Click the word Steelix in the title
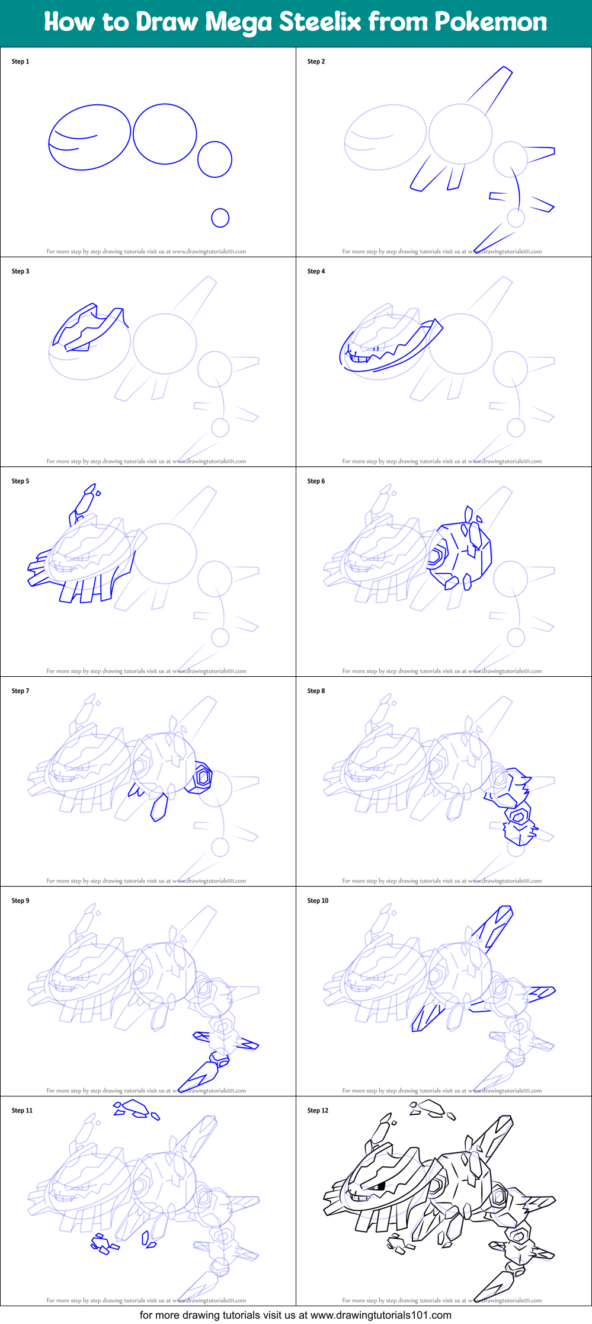pyautogui.click(x=321, y=22)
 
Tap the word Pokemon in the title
pyautogui.click(x=491, y=22)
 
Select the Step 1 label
pyautogui.click(x=20, y=62)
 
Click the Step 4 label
pyautogui.click(x=316, y=271)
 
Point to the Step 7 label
pyautogui.click(x=20, y=691)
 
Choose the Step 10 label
pyautogui.click(x=318, y=901)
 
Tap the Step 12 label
pyautogui.click(x=318, y=1111)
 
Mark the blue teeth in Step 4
pyautogui.click(x=361, y=357)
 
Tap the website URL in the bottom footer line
pyautogui.click(x=381, y=1315)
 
